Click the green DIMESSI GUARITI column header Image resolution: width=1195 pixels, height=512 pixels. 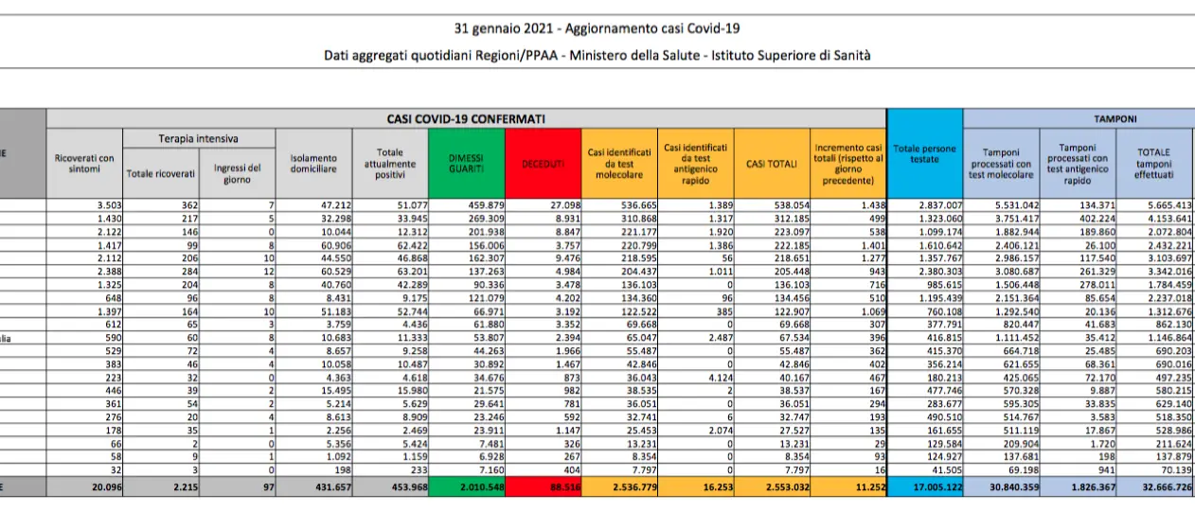[x=466, y=163]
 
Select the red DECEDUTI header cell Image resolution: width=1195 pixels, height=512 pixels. [x=544, y=163]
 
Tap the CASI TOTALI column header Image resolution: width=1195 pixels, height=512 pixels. [x=772, y=163]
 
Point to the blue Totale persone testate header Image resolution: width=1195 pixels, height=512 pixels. [x=925, y=153]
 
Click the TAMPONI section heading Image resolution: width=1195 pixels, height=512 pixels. [x=1115, y=119]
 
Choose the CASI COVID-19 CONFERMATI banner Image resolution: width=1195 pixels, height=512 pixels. [x=466, y=119]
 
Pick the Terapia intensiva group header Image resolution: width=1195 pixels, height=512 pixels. [x=199, y=139]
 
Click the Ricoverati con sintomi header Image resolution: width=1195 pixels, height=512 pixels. [x=84, y=163]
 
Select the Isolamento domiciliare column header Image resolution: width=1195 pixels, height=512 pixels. [x=313, y=163]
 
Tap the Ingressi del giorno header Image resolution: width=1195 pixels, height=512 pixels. [x=237, y=173]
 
